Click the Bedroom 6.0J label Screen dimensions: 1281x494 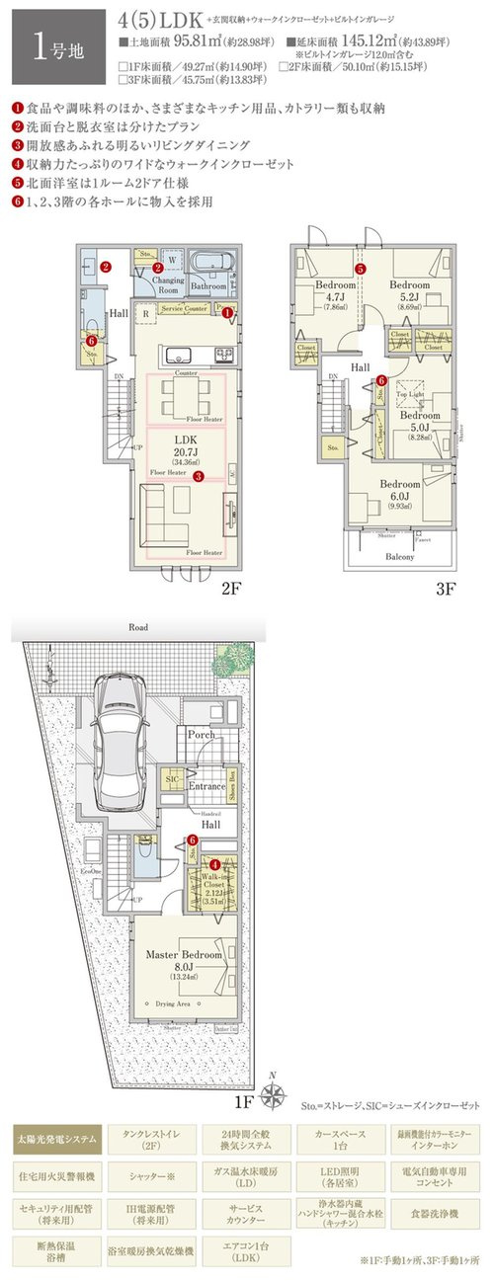pyautogui.click(x=400, y=491)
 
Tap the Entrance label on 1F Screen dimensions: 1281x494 pyautogui.click(x=209, y=786)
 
